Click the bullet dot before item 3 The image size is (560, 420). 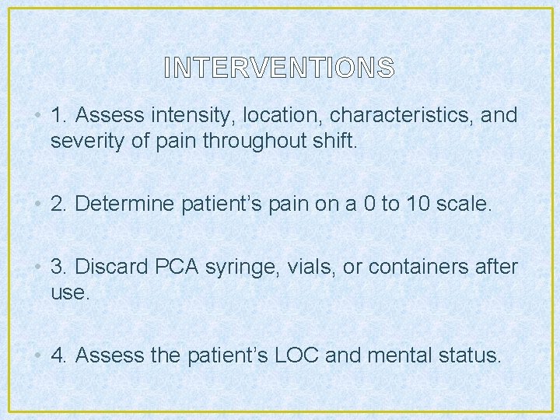point(38,268)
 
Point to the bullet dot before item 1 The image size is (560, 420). point(38,117)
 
